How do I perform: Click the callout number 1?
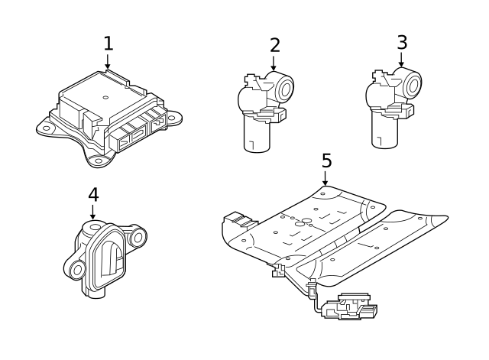point(108,43)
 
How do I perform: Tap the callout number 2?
point(275,44)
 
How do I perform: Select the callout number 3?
point(402,41)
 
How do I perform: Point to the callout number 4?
point(93,194)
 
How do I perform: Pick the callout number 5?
point(326,161)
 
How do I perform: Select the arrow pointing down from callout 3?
point(402,60)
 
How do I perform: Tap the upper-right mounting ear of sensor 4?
point(138,238)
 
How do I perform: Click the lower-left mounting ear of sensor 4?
point(76,270)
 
